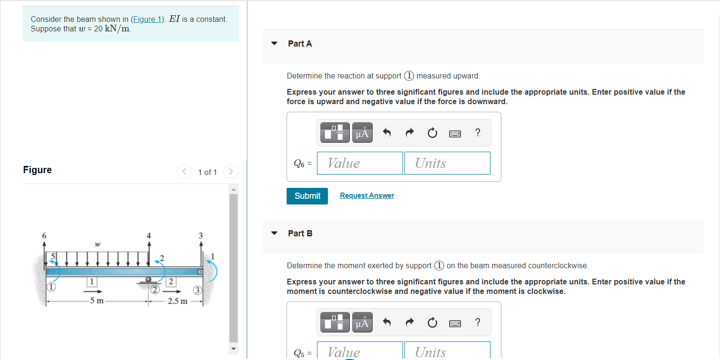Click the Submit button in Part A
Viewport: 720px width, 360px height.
[x=307, y=196]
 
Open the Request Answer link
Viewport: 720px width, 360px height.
[x=367, y=195]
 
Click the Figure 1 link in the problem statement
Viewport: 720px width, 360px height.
[x=147, y=19]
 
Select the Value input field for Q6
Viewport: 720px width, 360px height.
[x=360, y=163]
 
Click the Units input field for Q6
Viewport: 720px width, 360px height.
[x=447, y=163]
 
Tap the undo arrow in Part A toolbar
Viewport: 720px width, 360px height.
[x=387, y=132]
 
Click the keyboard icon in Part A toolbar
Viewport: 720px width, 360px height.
[x=455, y=134]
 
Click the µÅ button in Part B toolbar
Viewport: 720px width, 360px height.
[x=362, y=322]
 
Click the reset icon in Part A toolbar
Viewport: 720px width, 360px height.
[x=432, y=133]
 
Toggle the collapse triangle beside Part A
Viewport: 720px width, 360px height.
[x=274, y=43]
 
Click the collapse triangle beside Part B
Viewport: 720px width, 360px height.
[x=274, y=233]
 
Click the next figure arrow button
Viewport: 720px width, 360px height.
[x=230, y=171]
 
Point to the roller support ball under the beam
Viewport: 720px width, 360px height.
[x=148, y=279]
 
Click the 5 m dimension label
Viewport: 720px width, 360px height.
[x=97, y=301]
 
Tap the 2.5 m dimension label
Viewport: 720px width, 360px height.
[x=177, y=301]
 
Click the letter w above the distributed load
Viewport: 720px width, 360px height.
[x=98, y=244]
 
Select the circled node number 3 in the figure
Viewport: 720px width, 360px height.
[x=197, y=290]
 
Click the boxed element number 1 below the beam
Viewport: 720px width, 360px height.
[x=92, y=282]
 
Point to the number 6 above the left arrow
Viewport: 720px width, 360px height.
[x=44, y=235]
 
